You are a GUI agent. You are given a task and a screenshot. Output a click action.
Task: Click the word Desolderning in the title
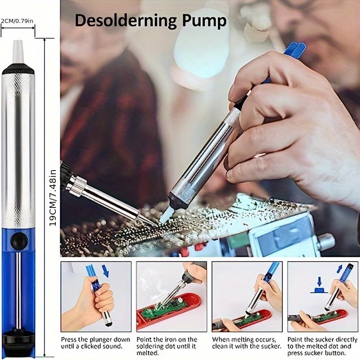point(126,21)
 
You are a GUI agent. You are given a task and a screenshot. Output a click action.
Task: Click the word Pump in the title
point(204,22)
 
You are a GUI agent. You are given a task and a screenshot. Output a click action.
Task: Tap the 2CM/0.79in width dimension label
point(17,21)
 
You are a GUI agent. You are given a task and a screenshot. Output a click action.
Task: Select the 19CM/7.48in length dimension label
point(53,198)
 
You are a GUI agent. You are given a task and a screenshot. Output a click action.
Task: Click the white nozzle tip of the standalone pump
point(18,52)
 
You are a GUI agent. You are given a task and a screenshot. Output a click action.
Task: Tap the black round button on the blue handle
point(19,241)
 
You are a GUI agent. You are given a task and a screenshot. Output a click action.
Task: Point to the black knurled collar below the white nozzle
point(18,69)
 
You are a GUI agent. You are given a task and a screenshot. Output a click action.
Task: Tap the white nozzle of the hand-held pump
point(166,215)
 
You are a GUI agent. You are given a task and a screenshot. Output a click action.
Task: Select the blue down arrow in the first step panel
point(106,271)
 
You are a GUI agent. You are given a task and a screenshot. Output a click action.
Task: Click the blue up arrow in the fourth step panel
point(340,269)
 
